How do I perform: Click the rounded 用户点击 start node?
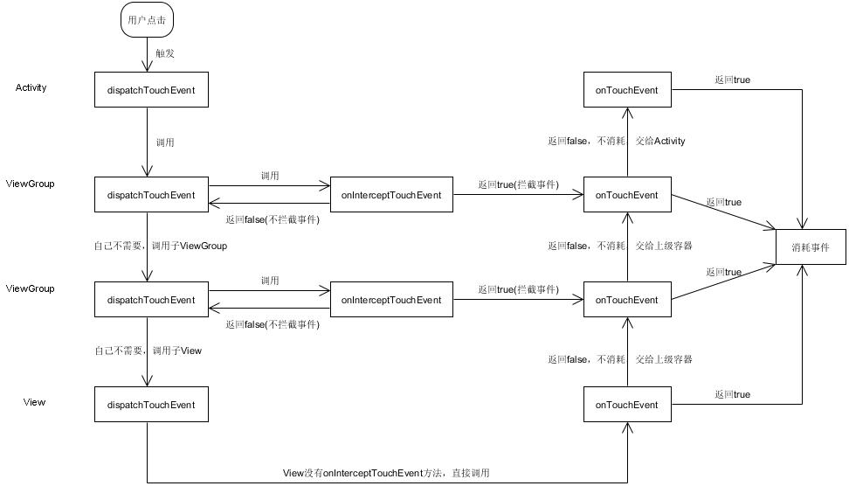[x=147, y=20]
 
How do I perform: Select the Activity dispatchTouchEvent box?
[x=152, y=89]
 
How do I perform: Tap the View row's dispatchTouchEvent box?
[x=152, y=404]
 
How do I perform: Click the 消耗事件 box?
[x=811, y=247]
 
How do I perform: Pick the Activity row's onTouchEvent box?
[x=627, y=89]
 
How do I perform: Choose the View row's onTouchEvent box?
[x=627, y=404]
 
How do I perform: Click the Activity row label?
[x=31, y=87]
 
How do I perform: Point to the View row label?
[x=34, y=402]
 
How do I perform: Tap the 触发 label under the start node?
[x=164, y=53]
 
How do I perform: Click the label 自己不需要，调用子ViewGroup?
[x=161, y=246]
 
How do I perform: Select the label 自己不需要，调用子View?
[x=148, y=351]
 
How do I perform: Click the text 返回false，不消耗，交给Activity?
[x=616, y=141]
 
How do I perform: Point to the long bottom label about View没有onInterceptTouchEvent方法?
[x=386, y=473]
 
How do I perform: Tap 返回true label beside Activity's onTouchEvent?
[x=732, y=80]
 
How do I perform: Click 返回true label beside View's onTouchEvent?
[x=732, y=394]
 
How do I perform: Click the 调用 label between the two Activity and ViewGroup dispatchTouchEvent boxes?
[x=165, y=142]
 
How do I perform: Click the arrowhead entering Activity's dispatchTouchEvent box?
[x=147, y=66]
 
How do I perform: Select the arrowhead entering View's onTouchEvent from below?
[x=627, y=427]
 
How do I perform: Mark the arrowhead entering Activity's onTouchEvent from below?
[x=627, y=114]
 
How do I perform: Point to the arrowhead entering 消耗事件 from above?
[x=802, y=223]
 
